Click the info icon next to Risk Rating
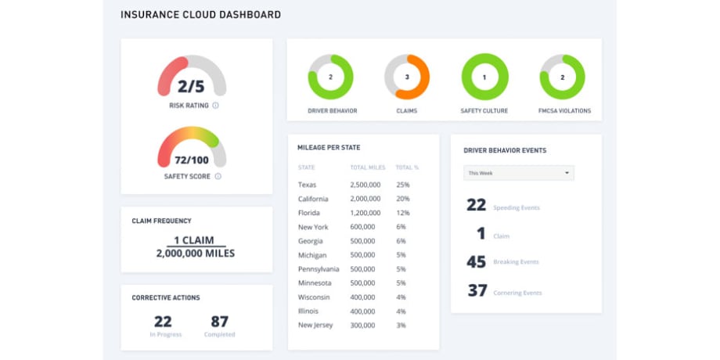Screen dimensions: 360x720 [x=215, y=105]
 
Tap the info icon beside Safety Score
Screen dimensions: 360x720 [x=218, y=176]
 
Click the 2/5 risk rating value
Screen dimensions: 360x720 [x=191, y=86]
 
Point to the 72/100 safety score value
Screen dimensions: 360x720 [x=192, y=159]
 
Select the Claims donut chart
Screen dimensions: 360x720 [x=407, y=77]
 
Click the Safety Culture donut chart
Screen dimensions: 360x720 [x=484, y=77]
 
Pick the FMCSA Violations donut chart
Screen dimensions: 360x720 [x=562, y=77]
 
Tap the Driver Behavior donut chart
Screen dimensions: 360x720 [x=330, y=77]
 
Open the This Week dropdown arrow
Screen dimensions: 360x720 [x=566, y=173]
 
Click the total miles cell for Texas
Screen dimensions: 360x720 [x=365, y=185]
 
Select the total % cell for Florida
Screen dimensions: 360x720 [x=402, y=213]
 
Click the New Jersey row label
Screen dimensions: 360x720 [x=316, y=325]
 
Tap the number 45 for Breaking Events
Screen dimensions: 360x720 [x=476, y=262]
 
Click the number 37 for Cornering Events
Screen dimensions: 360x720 [x=477, y=291]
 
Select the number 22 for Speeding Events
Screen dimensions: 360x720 [x=476, y=205]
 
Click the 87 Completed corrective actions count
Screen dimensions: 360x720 [x=219, y=321]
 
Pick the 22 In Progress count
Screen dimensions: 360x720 [x=163, y=321]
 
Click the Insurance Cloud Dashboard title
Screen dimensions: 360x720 [x=200, y=15]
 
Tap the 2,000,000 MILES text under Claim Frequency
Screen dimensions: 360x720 [x=195, y=254]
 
